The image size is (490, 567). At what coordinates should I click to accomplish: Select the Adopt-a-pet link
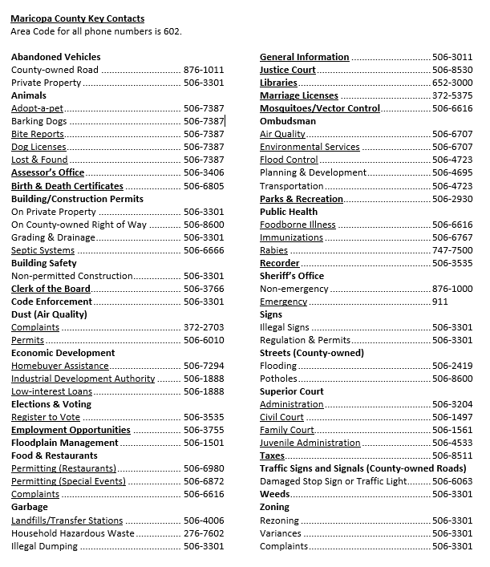pos(37,108)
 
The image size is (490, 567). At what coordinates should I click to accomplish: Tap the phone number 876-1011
pos(204,70)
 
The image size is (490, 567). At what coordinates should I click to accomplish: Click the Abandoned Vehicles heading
pos(56,57)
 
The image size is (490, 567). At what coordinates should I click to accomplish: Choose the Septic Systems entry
pos(43,250)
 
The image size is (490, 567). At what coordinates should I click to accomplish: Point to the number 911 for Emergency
pos(440,302)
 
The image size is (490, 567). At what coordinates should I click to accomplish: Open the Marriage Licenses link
pos(299,95)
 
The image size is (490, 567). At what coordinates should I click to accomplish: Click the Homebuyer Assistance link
pos(59,366)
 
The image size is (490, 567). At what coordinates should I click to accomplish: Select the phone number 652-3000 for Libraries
pos(452,83)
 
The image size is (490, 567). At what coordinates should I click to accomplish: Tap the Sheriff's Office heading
pos(292,276)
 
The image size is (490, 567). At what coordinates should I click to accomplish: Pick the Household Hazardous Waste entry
pos(73,533)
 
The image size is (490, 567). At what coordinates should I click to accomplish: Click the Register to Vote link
pos(46,417)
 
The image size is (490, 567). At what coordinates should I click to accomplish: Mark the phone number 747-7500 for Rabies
pos(452,250)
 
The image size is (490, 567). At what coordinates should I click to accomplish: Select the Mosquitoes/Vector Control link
pos(320,108)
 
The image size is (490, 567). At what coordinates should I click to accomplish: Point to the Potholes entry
pos(278,379)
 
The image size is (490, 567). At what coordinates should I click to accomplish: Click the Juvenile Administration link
pos(310,443)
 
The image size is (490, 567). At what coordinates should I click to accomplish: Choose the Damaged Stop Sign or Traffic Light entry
pos(333,481)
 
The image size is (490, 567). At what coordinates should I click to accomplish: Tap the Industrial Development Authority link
pos(83,379)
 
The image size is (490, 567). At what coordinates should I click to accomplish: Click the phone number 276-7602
pos(204,533)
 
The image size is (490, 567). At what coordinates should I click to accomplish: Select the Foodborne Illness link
pos(298,225)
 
